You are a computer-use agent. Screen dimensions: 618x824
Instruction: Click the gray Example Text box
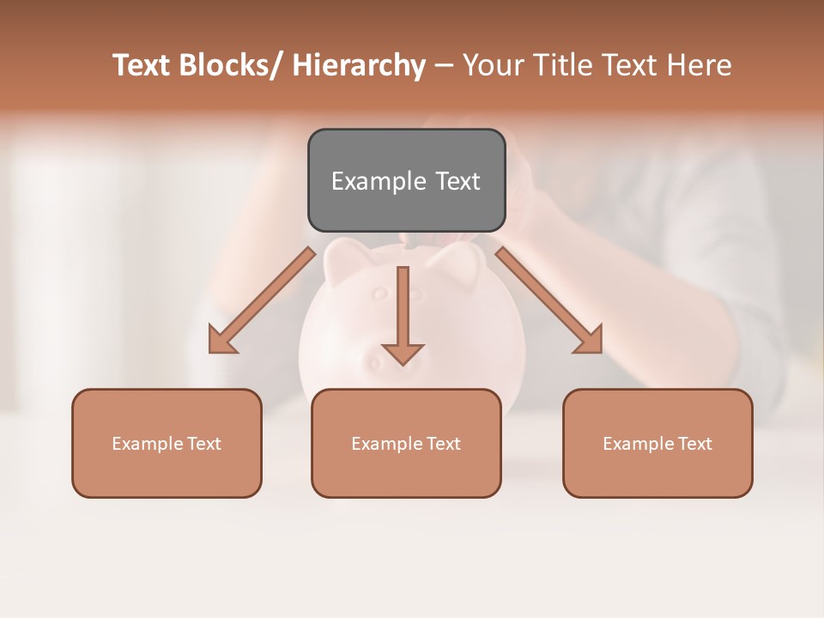406,180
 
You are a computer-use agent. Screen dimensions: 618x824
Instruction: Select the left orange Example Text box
167,443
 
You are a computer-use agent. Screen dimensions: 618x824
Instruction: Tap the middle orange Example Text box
406,443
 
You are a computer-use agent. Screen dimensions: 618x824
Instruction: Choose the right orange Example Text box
657,443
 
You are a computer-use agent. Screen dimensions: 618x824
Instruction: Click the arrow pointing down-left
263,300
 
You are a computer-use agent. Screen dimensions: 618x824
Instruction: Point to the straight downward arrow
403,313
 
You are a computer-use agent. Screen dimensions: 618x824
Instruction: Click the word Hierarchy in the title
359,65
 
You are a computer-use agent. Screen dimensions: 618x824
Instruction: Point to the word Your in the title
492,65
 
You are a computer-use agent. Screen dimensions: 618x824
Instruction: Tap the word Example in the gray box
379,181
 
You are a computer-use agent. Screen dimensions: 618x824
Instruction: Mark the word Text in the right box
694,444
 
